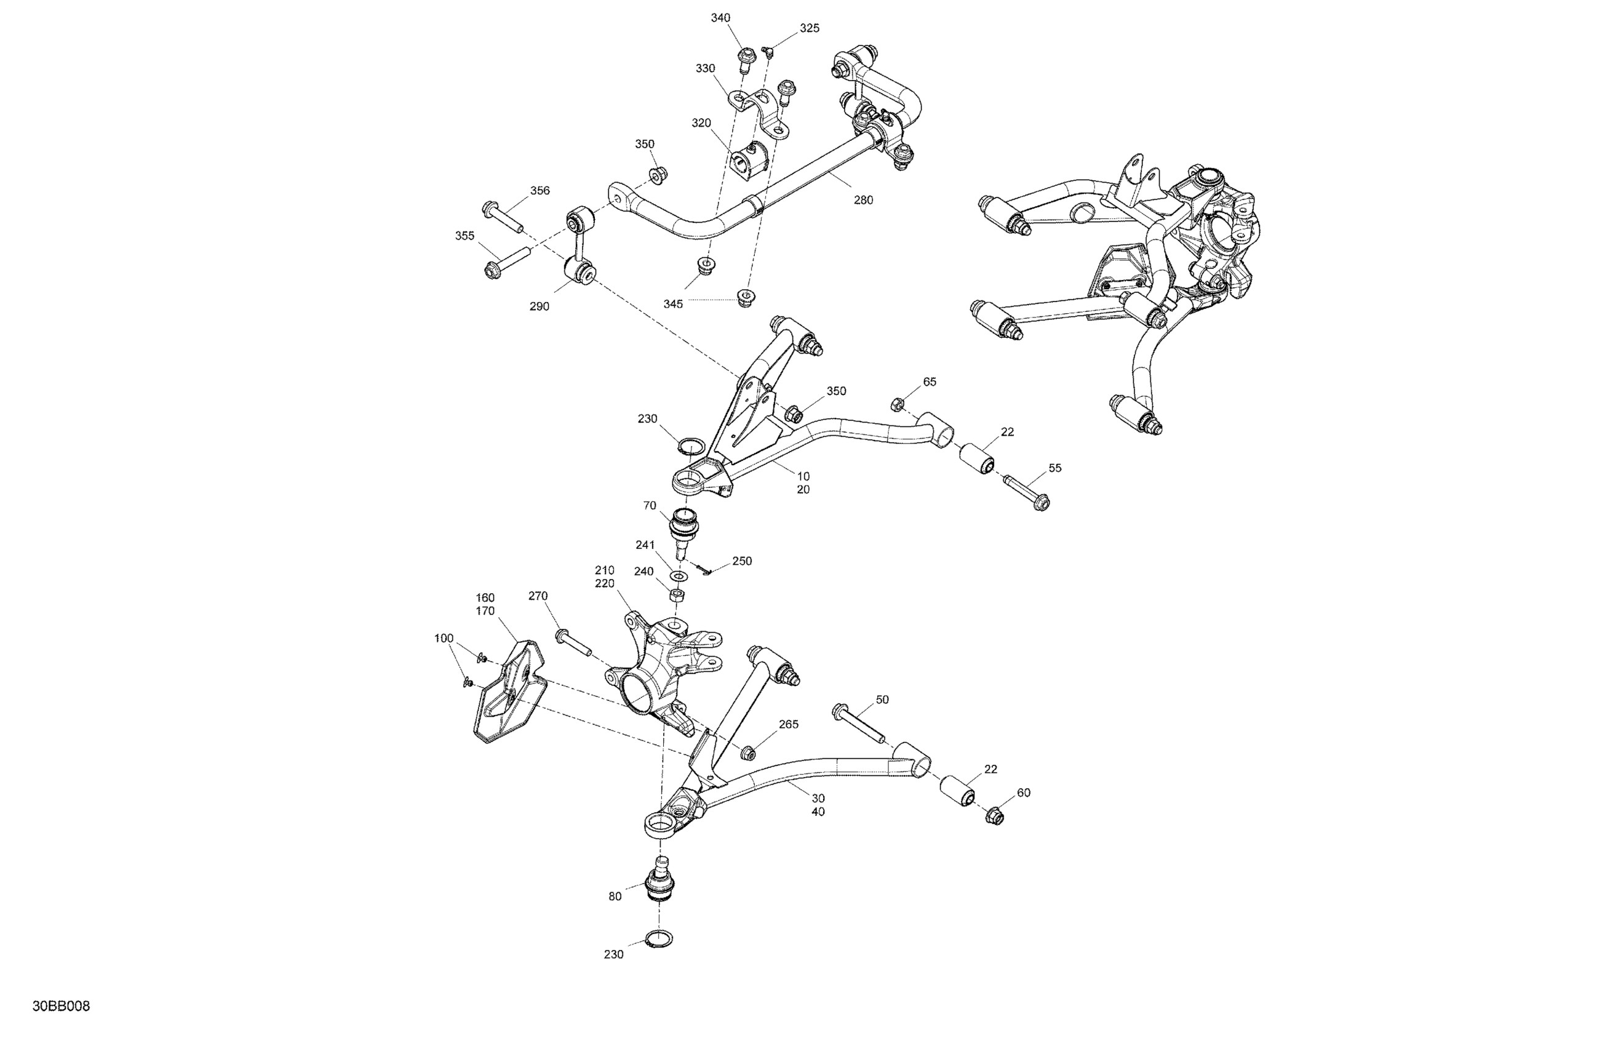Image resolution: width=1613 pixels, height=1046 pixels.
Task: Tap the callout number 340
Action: click(x=720, y=18)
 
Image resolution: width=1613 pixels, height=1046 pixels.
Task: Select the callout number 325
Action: click(x=809, y=28)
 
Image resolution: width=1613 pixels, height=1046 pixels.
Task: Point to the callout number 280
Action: click(x=864, y=200)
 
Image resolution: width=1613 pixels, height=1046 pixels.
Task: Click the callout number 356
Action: click(x=540, y=191)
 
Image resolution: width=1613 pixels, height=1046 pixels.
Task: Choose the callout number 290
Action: click(x=540, y=306)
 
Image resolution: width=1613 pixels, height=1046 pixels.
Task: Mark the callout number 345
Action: click(x=673, y=305)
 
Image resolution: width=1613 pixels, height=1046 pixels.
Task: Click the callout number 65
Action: click(x=930, y=381)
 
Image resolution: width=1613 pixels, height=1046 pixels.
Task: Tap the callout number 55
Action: click(x=1054, y=468)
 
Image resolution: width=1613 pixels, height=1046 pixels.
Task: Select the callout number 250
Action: click(x=742, y=561)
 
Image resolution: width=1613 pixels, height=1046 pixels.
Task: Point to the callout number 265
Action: click(x=788, y=724)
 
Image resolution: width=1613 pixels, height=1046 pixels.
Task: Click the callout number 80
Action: click(x=615, y=896)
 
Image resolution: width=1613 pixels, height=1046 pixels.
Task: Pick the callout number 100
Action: click(x=444, y=638)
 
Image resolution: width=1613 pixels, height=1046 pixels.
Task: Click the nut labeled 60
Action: click(x=994, y=817)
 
